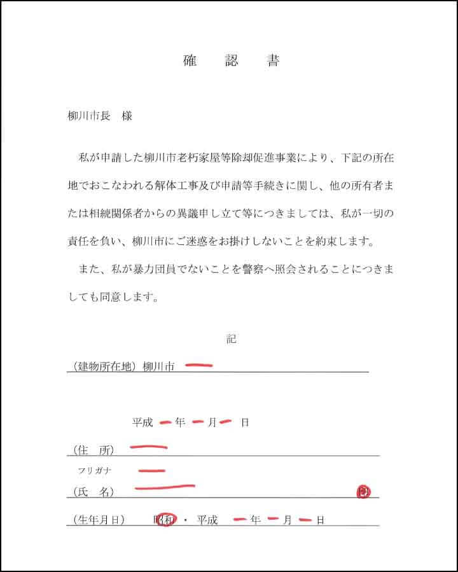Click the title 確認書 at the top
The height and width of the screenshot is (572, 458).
pyautogui.click(x=231, y=61)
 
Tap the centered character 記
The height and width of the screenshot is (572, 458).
pyautogui.click(x=231, y=339)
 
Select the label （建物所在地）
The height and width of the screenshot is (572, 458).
pyautogui.click(x=105, y=366)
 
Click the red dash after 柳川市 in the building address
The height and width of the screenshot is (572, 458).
pyautogui.click(x=198, y=365)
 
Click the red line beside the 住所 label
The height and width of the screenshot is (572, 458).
pyautogui.click(x=148, y=447)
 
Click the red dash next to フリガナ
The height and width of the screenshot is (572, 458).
pyautogui.click(x=151, y=471)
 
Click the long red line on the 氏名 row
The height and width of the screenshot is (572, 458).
pyautogui.click(x=164, y=488)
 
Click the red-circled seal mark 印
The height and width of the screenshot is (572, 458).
pyautogui.click(x=363, y=491)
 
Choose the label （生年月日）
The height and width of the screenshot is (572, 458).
pyautogui.click(x=99, y=520)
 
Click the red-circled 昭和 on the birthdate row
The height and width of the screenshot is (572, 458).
pyautogui.click(x=165, y=520)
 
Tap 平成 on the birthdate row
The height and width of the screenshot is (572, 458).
pyautogui.click(x=207, y=520)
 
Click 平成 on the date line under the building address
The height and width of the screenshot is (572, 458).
pyautogui.click(x=142, y=422)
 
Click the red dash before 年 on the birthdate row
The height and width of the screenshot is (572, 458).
pyautogui.click(x=240, y=520)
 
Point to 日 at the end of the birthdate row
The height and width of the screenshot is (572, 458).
pyautogui.click(x=321, y=520)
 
